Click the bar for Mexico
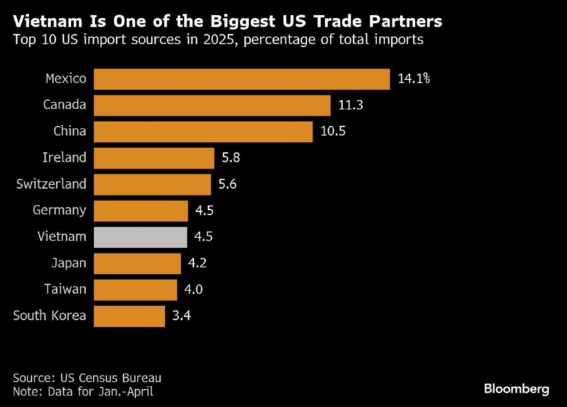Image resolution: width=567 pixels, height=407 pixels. (242, 79)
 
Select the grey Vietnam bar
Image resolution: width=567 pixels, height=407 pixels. (140, 237)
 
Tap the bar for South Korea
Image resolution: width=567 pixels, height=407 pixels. (129, 316)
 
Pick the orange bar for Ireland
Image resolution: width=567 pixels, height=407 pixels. (154, 158)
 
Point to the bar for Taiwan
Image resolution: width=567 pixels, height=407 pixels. (135, 290)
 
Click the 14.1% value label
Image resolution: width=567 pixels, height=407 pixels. (414, 79)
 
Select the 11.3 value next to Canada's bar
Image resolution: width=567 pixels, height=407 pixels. (351, 105)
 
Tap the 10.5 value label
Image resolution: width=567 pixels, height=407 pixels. (333, 131)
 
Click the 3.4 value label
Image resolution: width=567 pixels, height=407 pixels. (181, 316)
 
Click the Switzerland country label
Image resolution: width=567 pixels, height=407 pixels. (50, 184)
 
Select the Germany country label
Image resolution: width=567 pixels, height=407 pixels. (59, 210)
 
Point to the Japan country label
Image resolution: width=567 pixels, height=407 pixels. (69, 263)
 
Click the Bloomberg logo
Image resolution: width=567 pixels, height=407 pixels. (517, 389)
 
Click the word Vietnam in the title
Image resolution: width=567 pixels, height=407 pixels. (42, 21)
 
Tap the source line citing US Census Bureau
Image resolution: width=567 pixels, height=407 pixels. (87, 378)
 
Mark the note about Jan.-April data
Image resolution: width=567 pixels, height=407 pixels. (83, 391)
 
